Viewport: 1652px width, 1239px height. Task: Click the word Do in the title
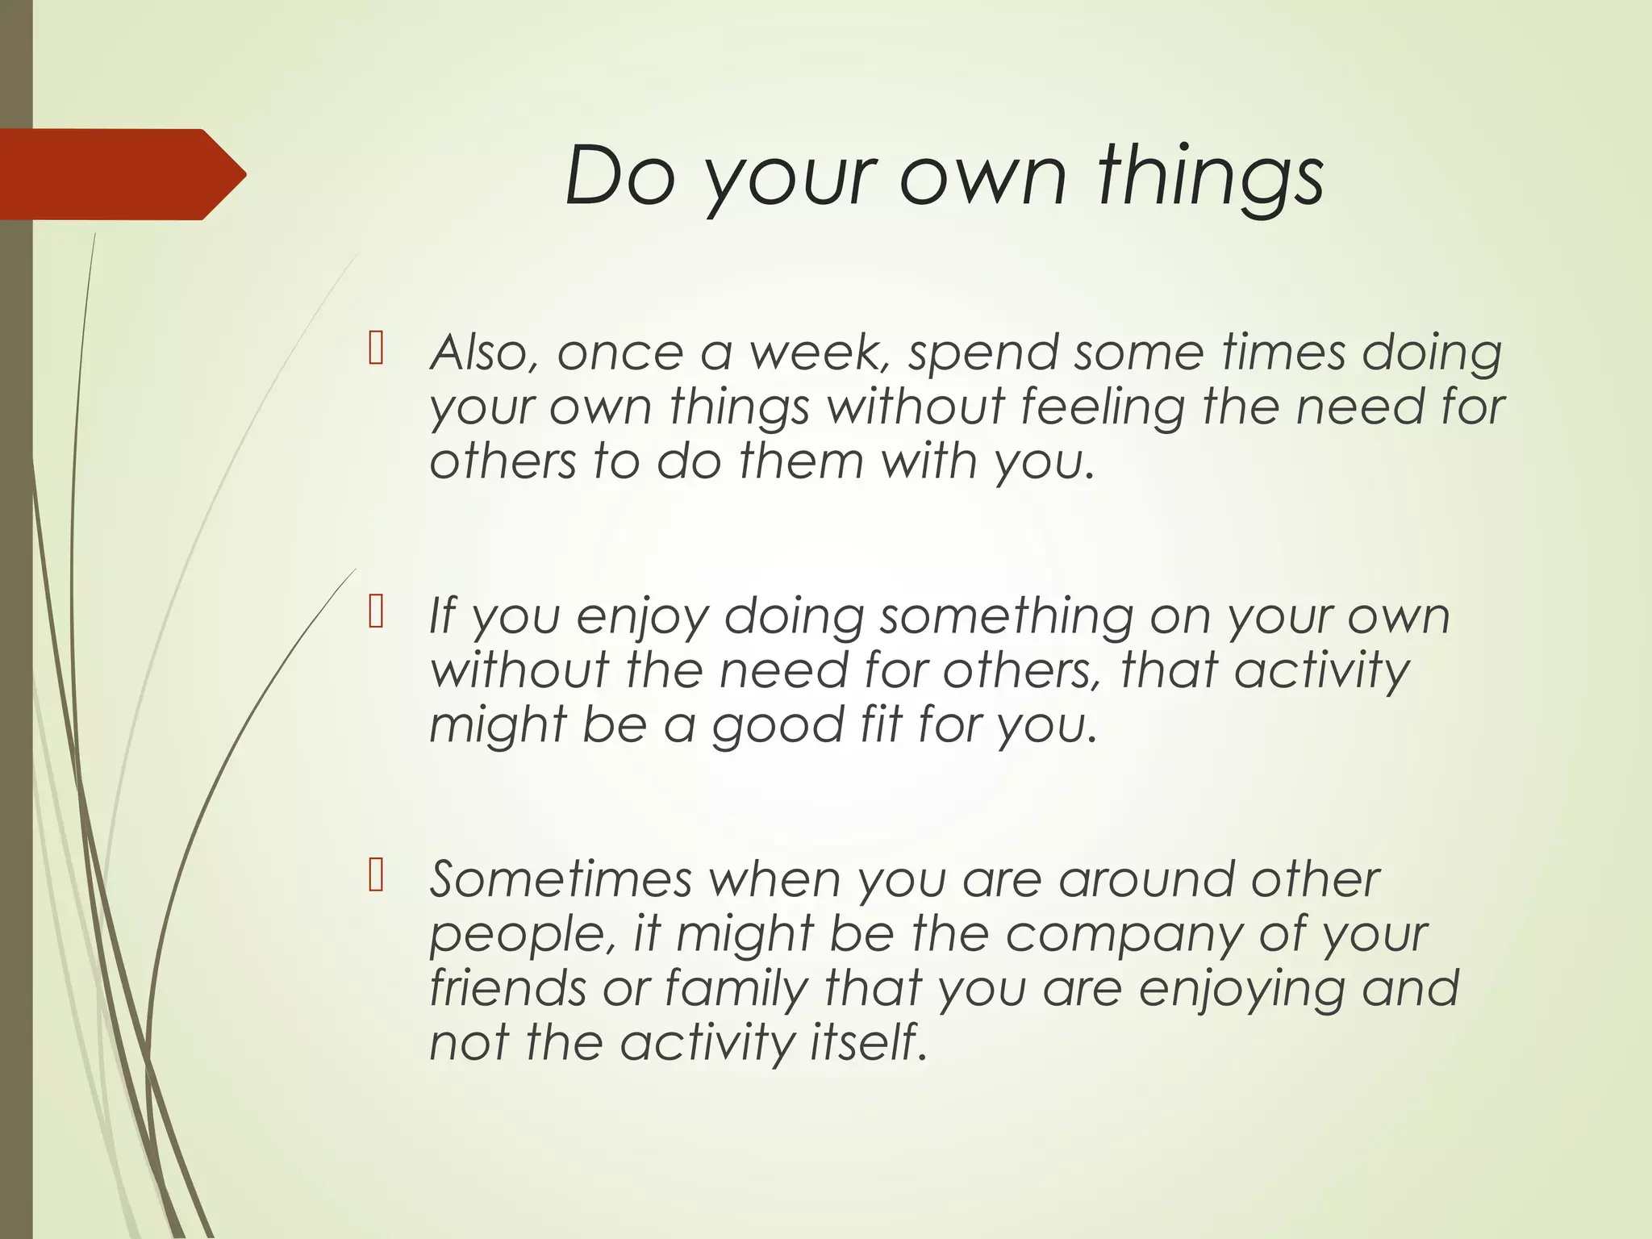tap(619, 176)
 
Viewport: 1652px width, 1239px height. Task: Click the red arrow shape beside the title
tap(121, 174)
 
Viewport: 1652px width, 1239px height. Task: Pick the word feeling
tap(1102, 408)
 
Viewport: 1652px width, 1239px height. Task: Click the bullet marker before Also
tap(375, 348)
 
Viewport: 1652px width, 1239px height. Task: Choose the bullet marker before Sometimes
tap(375, 874)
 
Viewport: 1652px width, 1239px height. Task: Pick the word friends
tap(507, 987)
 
